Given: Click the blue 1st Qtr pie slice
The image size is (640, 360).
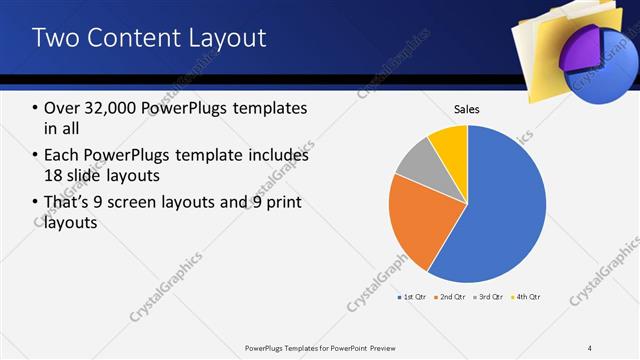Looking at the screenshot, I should (x=500, y=210).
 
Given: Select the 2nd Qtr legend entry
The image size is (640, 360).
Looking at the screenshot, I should (x=450, y=297).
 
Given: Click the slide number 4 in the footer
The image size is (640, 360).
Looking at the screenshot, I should (x=590, y=347).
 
